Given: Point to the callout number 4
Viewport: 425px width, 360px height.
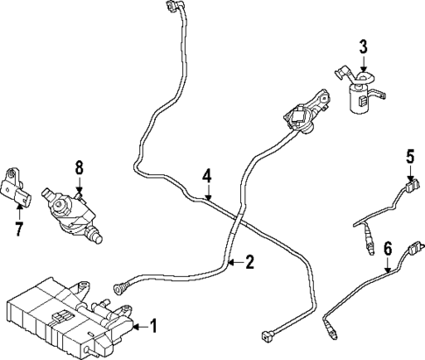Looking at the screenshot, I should tap(206, 175).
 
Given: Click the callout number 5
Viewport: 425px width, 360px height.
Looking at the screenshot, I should tap(408, 159).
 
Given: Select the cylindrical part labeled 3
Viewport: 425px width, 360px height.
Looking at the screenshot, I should tap(361, 98).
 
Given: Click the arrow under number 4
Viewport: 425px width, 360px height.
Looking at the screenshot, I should tap(206, 194).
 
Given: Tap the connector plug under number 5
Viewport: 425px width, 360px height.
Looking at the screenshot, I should tap(408, 187).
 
